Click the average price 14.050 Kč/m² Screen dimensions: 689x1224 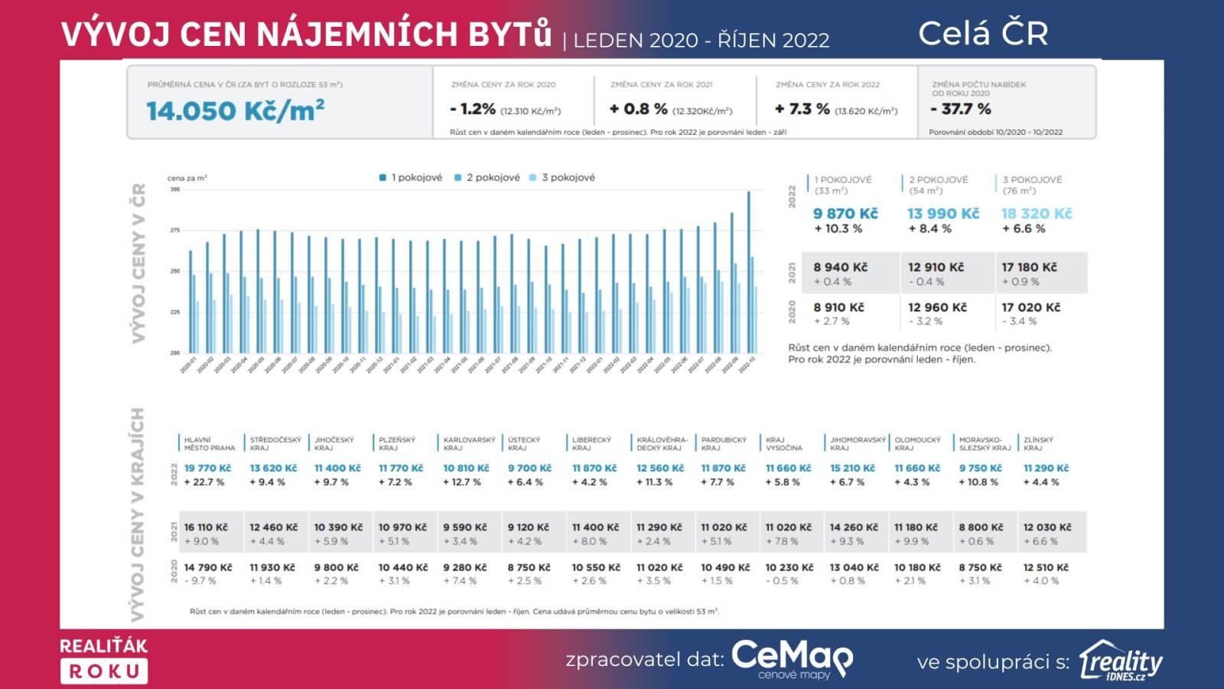[235, 111]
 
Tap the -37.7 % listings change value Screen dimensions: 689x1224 [961, 109]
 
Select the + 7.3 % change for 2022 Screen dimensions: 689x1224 [802, 109]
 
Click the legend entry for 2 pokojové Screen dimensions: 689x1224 [487, 178]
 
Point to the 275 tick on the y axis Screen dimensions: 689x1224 [175, 230]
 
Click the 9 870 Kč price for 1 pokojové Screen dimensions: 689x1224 [845, 214]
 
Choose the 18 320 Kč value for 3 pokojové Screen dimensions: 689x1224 [1037, 214]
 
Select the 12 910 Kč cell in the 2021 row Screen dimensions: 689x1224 [936, 267]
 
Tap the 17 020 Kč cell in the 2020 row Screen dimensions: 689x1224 [1030, 307]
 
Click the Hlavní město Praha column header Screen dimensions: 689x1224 [209, 443]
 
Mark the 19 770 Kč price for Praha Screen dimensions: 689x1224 [207, 468]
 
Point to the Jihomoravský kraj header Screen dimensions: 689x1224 [858, 443]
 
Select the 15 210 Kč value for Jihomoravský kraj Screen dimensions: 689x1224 [852, 468]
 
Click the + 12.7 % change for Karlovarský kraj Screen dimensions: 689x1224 [462, 482]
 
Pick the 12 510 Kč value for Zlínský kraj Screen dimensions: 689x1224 [1046, 567]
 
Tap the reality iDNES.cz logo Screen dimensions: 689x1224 [1121, 661]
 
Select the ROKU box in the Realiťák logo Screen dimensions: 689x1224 [104, 671]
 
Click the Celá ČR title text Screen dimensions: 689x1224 [983, 33]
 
